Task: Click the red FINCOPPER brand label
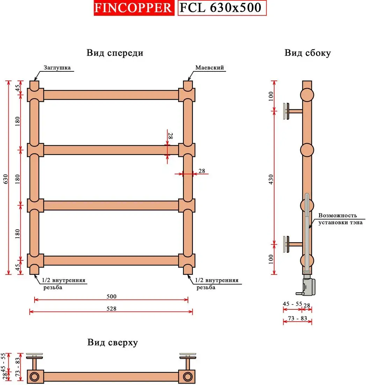point(133,8)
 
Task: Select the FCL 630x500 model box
point(222,8)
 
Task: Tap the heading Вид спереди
point(115,53)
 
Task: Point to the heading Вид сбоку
point(307,53)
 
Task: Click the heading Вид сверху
point(112,342)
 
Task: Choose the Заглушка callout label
point(57,68)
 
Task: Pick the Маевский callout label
point(210,68)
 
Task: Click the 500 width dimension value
point(111,296)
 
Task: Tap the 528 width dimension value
point(111,308)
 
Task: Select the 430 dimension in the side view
point(271,178)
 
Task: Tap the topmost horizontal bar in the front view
point(111,95)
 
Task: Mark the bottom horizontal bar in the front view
point(111,260)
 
